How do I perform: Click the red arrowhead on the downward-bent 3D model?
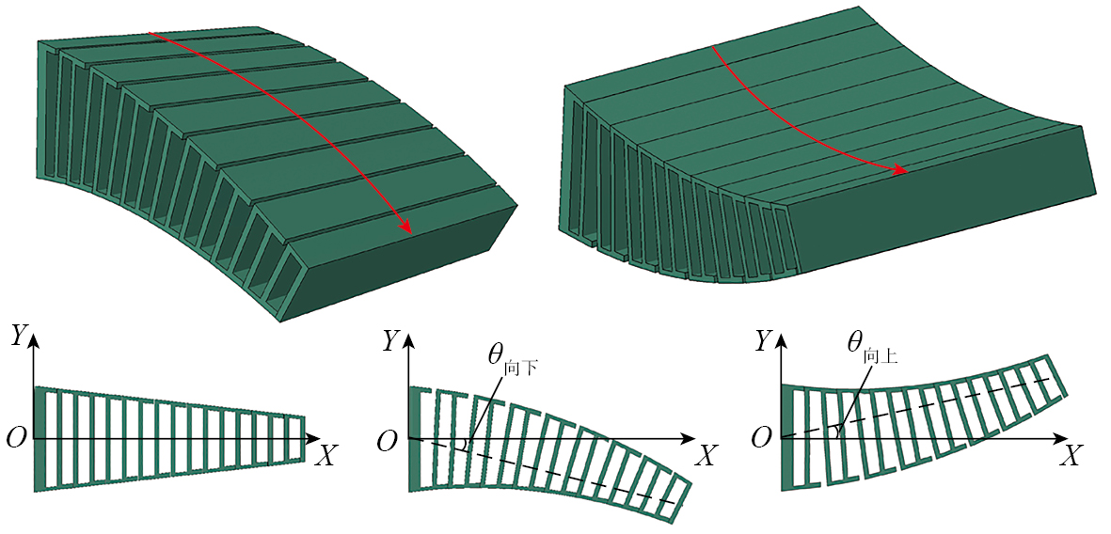(x=405, y=226)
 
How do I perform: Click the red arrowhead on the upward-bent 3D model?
(x=901, y=171)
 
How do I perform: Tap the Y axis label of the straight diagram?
(x=19, y=338)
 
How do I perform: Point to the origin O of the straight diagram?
(x=16, y=439)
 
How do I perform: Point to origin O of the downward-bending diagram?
(x=387, y=441)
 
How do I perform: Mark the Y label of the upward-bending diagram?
(x=763, y=341)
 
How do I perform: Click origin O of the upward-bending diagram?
(x=761, y=439)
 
